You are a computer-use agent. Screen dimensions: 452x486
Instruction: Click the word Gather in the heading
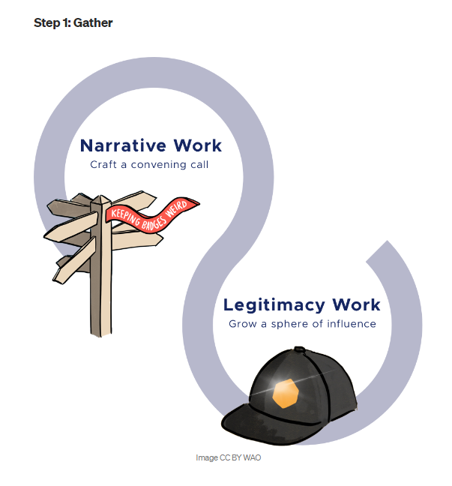(93, 23)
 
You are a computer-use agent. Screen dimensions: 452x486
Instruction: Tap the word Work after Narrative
(196, 145)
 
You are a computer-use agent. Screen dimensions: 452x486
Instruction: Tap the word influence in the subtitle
(352, 325)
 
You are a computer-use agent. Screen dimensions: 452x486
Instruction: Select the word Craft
(103, 164)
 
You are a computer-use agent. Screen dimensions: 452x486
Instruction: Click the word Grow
(242, 325)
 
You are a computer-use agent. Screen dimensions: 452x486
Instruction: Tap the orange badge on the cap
(286, 392)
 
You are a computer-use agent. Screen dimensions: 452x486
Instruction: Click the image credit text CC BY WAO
(228, 457)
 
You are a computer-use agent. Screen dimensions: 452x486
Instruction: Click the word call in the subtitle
(199, 164)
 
